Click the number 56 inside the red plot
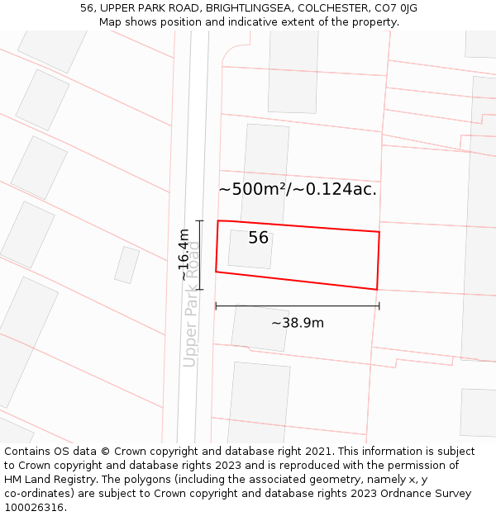point(258,238)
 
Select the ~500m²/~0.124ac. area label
point(298,189)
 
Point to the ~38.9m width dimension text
point(298,323)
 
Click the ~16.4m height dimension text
point(184,255)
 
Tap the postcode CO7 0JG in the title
point(397,8)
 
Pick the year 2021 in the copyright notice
point(319,452)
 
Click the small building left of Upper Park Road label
point(126,265)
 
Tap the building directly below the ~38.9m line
point(260,328)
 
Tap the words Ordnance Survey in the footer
point(425,494)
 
